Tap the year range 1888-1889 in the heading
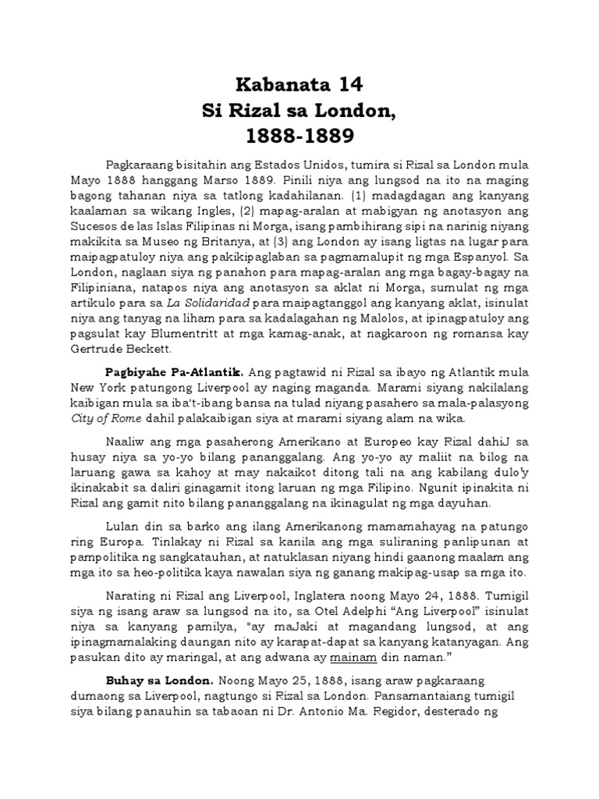[x=300, y=137]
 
